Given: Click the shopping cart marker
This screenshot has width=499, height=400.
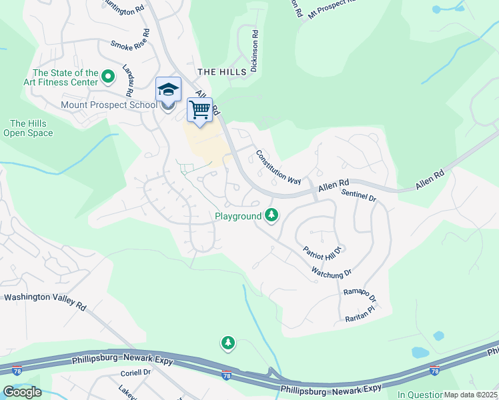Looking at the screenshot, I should [200, 110].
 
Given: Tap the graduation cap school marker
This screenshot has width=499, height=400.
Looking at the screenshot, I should [169, 89].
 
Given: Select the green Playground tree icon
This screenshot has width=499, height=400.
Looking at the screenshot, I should [271, 215].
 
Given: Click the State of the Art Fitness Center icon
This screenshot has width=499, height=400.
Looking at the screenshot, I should [107, 77].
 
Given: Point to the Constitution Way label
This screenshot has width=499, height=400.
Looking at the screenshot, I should [278, 167].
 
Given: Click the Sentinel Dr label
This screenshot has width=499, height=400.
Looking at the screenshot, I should [359, 195].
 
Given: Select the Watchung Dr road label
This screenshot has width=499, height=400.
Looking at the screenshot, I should [331, 273].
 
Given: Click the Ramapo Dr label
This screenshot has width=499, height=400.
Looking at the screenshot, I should [360, 296].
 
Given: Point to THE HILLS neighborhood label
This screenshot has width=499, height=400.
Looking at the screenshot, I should [217, 71].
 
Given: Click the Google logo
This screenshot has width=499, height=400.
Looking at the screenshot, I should [21, 392].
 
